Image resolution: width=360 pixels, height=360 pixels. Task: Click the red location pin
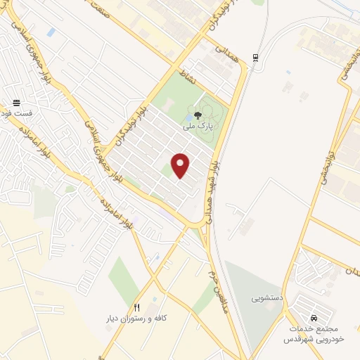(x=181, y=165)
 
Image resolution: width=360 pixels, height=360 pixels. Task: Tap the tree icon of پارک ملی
(x=198, y=115)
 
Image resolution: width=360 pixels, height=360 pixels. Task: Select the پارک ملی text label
(x=197, y=127)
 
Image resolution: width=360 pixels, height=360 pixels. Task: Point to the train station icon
(x=255, y=58)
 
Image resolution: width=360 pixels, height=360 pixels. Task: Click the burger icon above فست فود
(x=17, y=103)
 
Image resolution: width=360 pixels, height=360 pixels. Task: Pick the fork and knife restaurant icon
(x=137, y=307)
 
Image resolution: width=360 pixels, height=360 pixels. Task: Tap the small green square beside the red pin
(x=166, y=169)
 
